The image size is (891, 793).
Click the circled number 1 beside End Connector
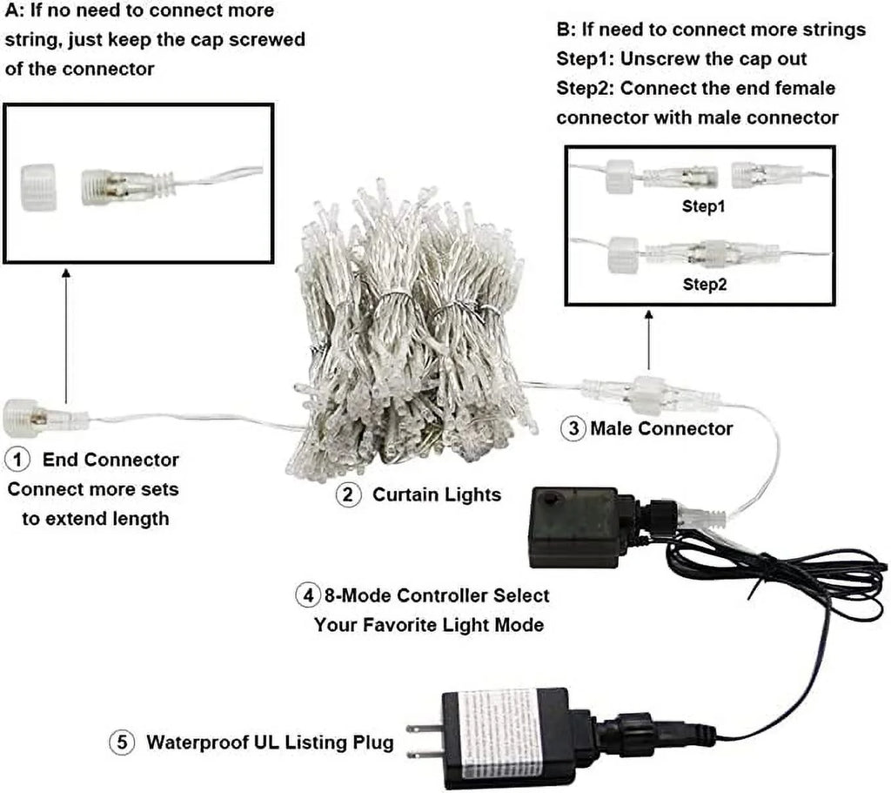17,459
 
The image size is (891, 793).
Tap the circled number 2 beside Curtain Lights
348,495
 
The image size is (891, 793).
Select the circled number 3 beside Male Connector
573,428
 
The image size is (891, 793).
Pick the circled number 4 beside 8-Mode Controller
307,595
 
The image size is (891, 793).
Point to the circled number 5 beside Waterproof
121,743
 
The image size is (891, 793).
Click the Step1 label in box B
703,209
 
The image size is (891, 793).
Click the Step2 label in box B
703,285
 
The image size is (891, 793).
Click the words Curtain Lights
437,495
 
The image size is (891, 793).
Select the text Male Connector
661,428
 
